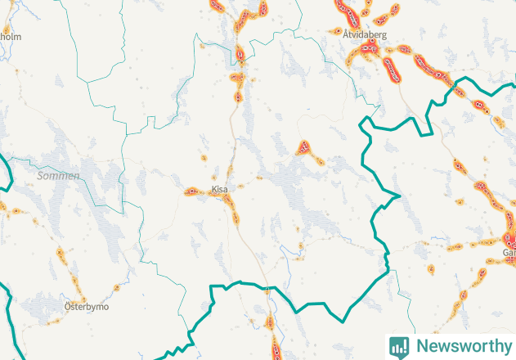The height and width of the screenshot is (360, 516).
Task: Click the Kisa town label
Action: [220, 189]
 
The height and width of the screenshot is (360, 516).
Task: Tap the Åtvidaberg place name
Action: [365, 36]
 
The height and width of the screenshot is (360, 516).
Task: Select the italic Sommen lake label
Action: [59, 176]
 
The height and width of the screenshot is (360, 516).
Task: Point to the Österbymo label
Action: [86, 307]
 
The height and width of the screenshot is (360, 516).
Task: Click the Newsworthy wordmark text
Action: [460, 346]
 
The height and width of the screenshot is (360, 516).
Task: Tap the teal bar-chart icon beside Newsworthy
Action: [399, 346]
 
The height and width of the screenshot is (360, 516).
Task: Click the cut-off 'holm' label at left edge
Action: [10, 37]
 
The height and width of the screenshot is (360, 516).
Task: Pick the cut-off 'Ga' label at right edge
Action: [509, 254]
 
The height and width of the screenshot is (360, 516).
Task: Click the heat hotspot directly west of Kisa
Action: [195, 192]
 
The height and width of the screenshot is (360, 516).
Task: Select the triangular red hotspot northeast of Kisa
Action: [304, 148]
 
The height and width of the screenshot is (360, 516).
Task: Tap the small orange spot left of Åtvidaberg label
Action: [338, 31]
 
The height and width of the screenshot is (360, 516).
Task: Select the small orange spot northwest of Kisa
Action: [204, 157]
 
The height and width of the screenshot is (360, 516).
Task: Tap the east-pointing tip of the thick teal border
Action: [398, 196]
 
